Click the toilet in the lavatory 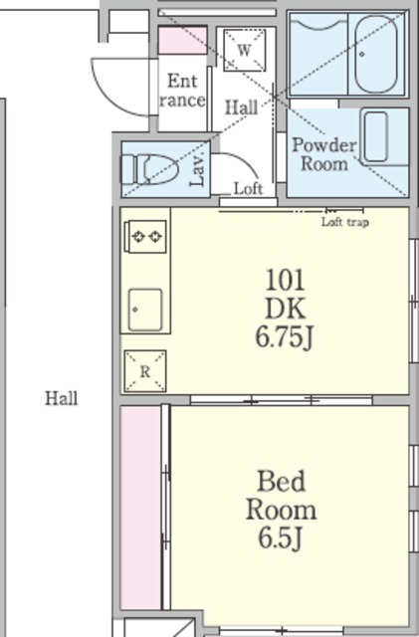tap(149, 169)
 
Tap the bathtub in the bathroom tap(376, 55)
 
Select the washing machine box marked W tap(244, 51)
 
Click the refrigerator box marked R tap(145, 371)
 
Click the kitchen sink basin tap(145, 310)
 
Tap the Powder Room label tap(323, 154)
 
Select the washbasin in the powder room tap(376, 137)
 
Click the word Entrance tap(182, 91)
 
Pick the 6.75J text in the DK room tap(285, 337)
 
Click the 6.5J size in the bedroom tap(281, 538)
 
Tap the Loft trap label tap(345, 222)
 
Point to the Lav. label tap(197, 170)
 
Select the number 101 tap(285, 280)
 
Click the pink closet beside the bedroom tap(141, 508)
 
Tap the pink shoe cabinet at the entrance tap(182, 41)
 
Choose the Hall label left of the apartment tap(62, 398)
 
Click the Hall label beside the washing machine tap(242, 107)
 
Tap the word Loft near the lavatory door tap(248, 188)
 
